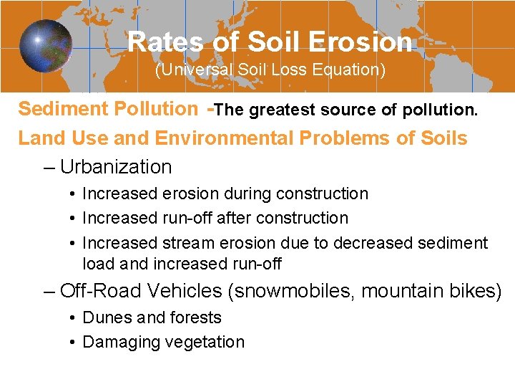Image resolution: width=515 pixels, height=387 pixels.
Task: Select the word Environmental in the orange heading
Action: point(232,138)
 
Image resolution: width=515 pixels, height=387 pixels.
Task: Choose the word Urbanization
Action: point(116,167)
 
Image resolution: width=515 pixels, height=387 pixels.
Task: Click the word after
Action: point(234,218)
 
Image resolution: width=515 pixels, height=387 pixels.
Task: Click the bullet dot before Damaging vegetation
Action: point(74,343)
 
